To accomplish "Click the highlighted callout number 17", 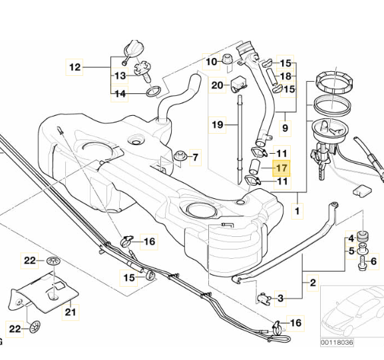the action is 282,168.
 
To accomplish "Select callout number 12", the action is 75,67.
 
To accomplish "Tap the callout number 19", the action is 218,125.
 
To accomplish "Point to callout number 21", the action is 71,312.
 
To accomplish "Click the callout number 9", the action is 285,128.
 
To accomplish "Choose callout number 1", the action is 297,211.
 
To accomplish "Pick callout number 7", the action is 195,157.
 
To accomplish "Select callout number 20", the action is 217,85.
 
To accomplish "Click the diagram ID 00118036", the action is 337,342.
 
